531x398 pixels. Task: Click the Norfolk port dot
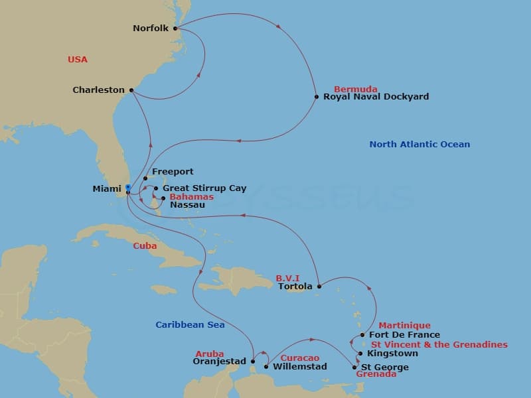[x=175, y=29]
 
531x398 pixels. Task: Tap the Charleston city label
[x=99, y=90]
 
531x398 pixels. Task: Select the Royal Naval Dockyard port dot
[x=317, y=97]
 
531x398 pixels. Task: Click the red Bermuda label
[x=356, y=89]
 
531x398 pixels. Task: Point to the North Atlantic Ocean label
[x=419, y=144]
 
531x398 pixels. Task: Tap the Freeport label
[x=173, y=172]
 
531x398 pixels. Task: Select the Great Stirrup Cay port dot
[x=155, y=188]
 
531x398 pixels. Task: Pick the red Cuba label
[x=145, y=245]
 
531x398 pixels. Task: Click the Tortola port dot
[x=319, y=287]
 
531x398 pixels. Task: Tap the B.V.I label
[x=288, y=279]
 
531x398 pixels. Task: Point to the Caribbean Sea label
[x=190, y=324]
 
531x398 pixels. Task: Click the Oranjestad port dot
[x=252, y=362]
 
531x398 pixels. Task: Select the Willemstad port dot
[x=266, y=366]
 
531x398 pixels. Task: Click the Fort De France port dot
[x=362, y=335]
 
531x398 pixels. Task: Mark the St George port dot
[x=354, y=367]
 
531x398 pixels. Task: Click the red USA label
[x=78, y=60]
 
